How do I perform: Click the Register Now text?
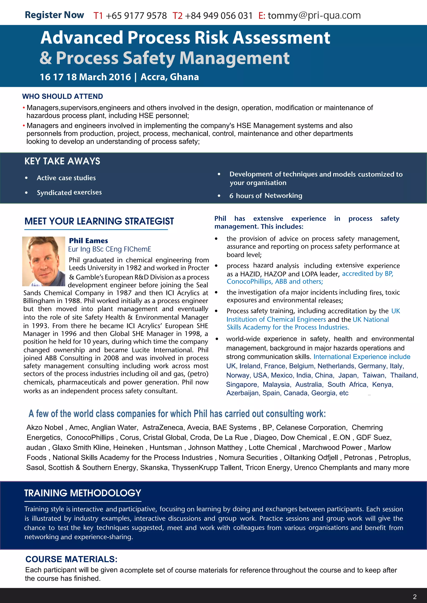pos(54,15)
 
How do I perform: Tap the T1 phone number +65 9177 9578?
pos(136,16)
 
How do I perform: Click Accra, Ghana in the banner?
pos(170,77)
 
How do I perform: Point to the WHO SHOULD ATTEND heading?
pos(62,96)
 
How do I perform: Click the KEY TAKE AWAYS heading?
pos(62,161)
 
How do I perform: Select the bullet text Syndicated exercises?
pos(69,193)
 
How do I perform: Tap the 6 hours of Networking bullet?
pos(266,196)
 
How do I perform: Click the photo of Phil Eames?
pos(44,261)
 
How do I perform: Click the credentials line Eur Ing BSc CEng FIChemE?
pos(110,249)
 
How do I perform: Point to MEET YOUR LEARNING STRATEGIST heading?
pos(99,221)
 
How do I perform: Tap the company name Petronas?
pos(358,457)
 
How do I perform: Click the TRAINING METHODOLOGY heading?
pos(83,493)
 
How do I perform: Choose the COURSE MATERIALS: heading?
pos(71,559)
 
